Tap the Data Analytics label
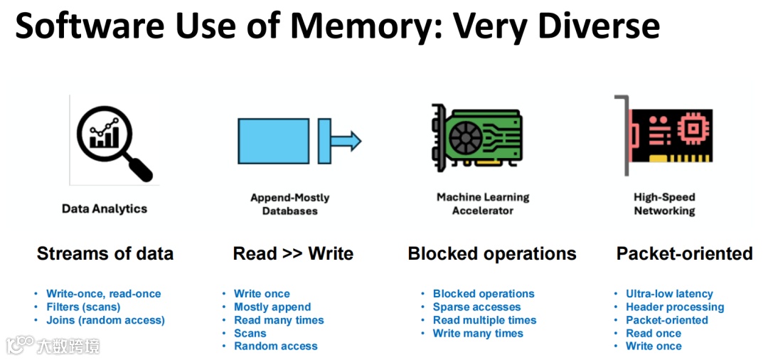click(105, 208)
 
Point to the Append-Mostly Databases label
click(289, 204)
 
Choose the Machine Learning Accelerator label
click(483, 203)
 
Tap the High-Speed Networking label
click(664, 203)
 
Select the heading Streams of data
click(105, 254)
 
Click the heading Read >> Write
click(293, 254)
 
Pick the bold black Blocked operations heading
click(492, 254)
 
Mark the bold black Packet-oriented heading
click(684, 254)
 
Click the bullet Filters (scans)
click(83, 307)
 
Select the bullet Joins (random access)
click(105, 320)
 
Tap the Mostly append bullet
click(272, 307)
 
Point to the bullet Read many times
click(279, 320)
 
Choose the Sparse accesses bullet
click(476, 307)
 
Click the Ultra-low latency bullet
click(669, 293)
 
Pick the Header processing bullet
click(675, 307)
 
